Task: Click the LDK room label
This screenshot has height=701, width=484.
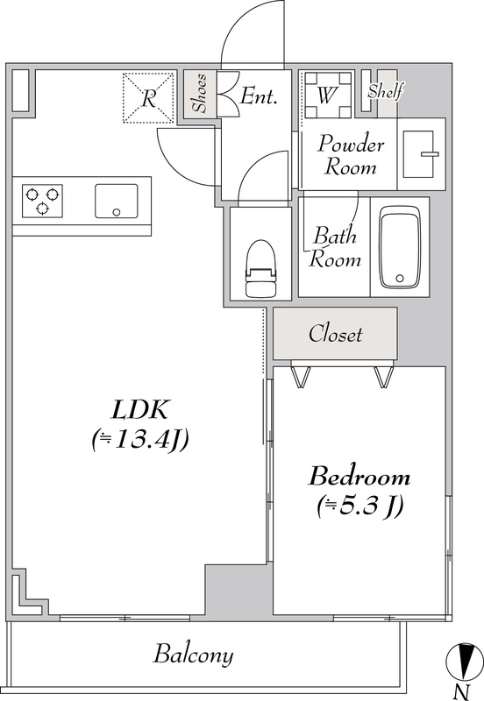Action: point(139,408)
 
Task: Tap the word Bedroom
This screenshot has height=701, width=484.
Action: point(359,477)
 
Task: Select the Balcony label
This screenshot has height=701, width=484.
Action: point(193,655)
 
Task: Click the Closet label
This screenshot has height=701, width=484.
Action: point(335,334)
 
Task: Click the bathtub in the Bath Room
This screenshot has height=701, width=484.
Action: point(400,247)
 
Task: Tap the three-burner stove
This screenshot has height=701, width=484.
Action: point(42,201)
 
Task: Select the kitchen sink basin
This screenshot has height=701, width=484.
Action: point(117,201)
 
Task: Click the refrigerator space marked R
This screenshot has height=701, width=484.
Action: point(148,98)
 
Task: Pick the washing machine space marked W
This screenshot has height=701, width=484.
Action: point(327,95)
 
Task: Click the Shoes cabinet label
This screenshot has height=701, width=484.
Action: point(200,94)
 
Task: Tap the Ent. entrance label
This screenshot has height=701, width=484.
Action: point(259,96)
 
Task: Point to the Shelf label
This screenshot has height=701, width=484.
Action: point(386,91)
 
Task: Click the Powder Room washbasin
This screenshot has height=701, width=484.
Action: point(421,154)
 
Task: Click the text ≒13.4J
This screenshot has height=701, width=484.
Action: point(139,440)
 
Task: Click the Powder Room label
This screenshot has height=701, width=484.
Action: point(351,155)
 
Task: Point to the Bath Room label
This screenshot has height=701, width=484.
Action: point(336,247)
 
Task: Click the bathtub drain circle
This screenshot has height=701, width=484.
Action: point(400,279)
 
